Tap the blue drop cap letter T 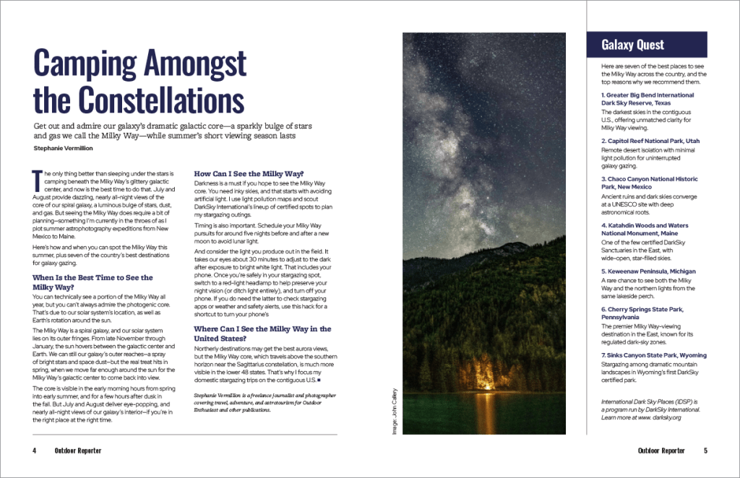(x=38, y=179)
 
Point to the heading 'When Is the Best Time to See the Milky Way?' (x=93, y=282)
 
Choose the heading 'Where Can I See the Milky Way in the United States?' (x=262, y=334)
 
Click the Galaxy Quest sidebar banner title (x=632, y=45)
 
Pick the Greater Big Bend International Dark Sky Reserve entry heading (x=647, y=99)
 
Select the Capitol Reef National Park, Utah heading (x=649, y=141)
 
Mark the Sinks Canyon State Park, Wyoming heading (x=653, y=355)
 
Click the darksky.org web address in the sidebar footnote (x=658, y=417)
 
